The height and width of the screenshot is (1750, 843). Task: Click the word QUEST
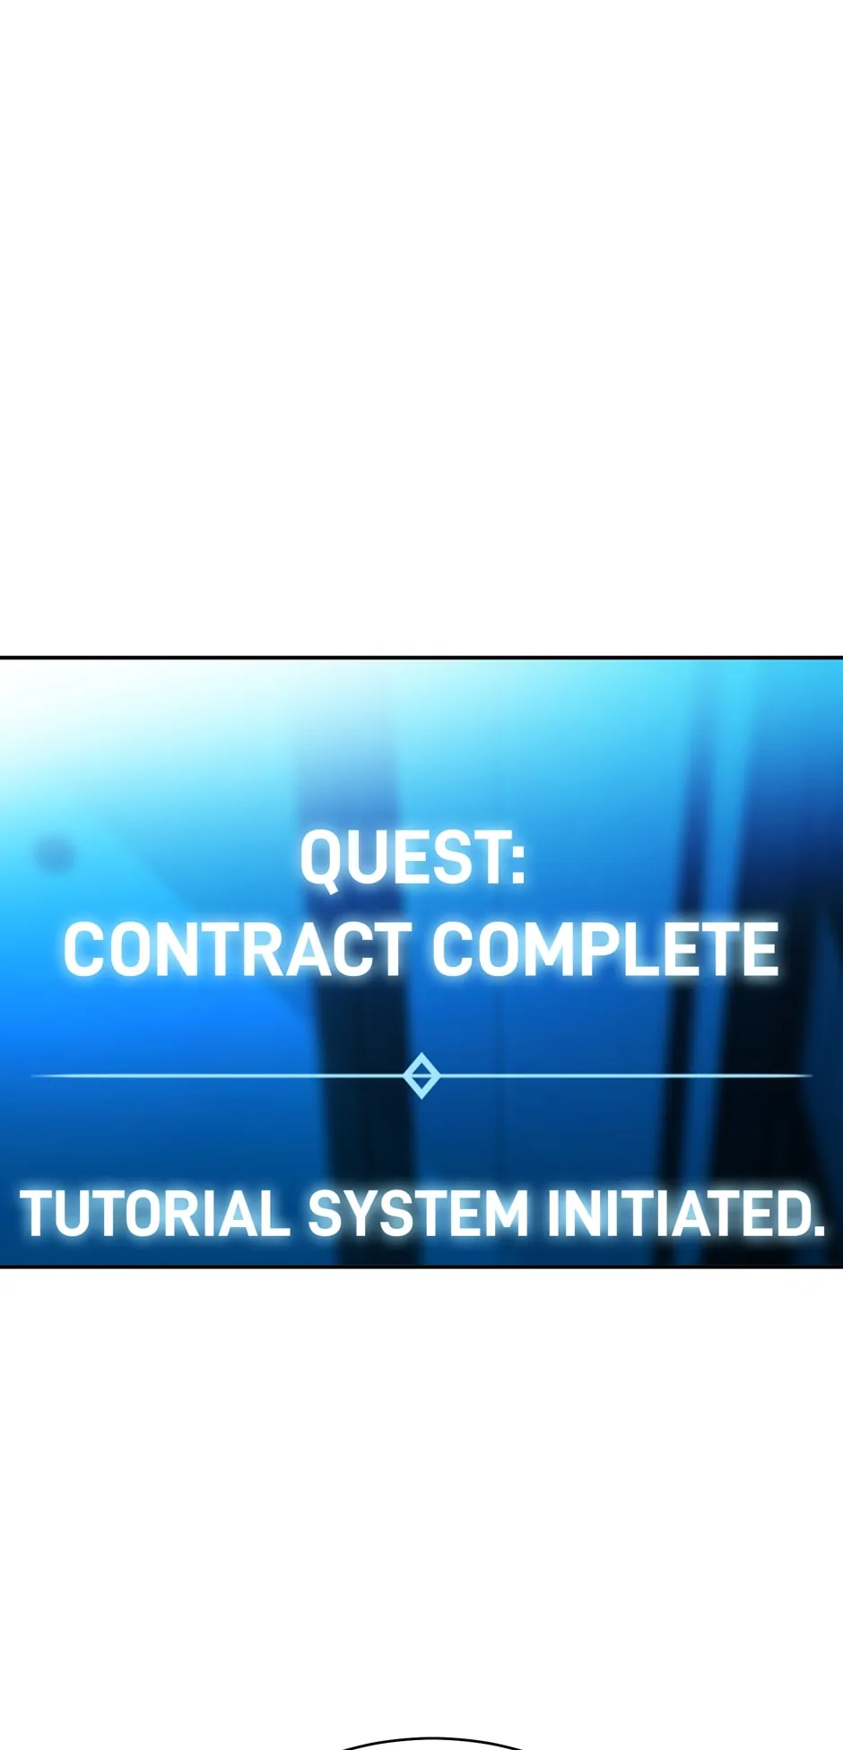click(404, 858)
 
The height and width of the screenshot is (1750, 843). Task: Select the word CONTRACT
click(236, 949)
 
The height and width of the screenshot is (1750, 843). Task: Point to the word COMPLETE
click(605, 949)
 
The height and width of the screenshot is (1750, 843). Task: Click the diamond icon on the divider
click(421, 1075)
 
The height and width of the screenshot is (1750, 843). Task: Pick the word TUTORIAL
click(154, 1214)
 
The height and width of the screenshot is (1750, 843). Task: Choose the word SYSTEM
click(418, 1214)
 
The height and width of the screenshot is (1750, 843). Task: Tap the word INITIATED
click(676, 1214)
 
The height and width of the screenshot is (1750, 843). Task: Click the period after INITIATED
click(817, 1232)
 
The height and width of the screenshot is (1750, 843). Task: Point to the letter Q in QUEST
click(320, 860)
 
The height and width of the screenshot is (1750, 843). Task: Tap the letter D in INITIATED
click(787, 1214)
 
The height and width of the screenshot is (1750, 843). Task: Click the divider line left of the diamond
click(218, 1075)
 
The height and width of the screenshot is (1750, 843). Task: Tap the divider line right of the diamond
click(625, 1075)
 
